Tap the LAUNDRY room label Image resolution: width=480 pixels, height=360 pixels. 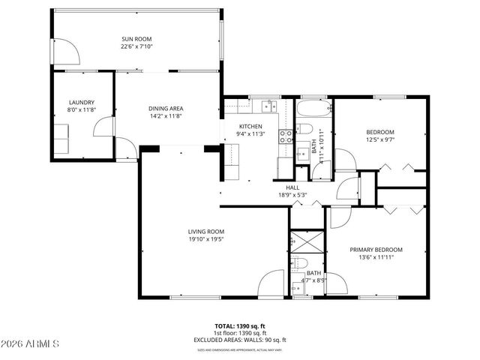[81, 102]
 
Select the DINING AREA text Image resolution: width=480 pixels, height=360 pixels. [166, 109]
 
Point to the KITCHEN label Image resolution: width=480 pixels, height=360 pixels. [250, 126]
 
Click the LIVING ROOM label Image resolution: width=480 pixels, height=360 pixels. [206, 231]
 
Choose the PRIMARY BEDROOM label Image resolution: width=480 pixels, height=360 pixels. [376, 249]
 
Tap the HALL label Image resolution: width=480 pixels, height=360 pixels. [292, 187]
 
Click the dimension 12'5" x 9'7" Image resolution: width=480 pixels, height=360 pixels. [380, 139]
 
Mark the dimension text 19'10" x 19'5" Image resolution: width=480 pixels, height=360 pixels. [206, 239]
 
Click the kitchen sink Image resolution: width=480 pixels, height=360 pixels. [268, 105]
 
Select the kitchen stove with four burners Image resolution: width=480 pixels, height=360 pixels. [286, 136]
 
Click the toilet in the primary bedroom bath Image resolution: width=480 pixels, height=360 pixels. [300, 263]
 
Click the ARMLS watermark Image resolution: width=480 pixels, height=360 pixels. [31, 343]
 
